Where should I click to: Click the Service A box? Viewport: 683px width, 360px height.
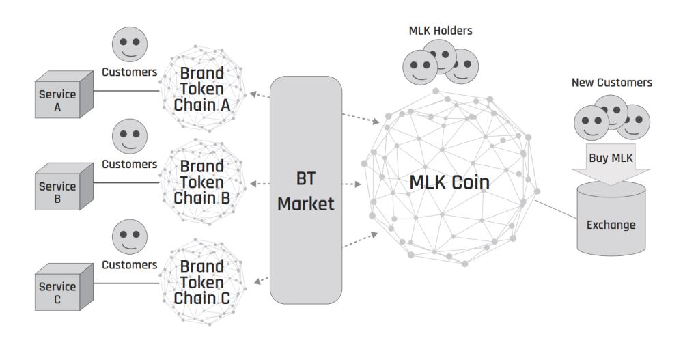[x=59, y=99]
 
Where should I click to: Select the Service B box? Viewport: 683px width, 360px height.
[x=59, y=191]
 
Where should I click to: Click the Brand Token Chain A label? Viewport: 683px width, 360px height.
[x=202, y=89]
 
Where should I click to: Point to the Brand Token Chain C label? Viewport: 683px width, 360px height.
[x=202, y=282]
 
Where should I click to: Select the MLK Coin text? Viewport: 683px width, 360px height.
[x=449, y=183]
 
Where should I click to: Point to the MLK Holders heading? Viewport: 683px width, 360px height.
[x=440, y=31]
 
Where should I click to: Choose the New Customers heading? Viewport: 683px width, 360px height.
[x=611, y=83]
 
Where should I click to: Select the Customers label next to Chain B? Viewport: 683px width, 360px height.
[x=129, y=165]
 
